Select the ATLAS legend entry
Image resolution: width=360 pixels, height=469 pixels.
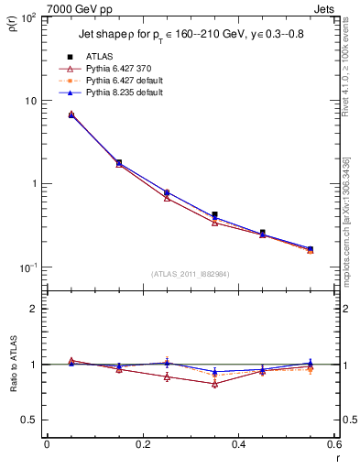[x=99, y=57]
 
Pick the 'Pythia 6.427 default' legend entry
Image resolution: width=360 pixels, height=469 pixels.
[x=123, y=81]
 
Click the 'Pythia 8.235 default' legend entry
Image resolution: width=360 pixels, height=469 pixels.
[x=123, y=93]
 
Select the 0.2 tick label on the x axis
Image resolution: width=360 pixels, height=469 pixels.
[x=142, y=445]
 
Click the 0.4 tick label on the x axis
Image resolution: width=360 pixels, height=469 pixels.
[x=238, y=445]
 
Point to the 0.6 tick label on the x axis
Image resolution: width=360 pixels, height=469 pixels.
[x=333, y=445]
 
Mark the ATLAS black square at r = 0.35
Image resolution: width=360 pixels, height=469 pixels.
[x=214, y=214]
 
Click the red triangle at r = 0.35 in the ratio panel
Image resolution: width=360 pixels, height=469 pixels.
[x=214, y=384]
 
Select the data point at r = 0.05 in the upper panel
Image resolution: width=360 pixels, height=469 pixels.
[x=71, y=115]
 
